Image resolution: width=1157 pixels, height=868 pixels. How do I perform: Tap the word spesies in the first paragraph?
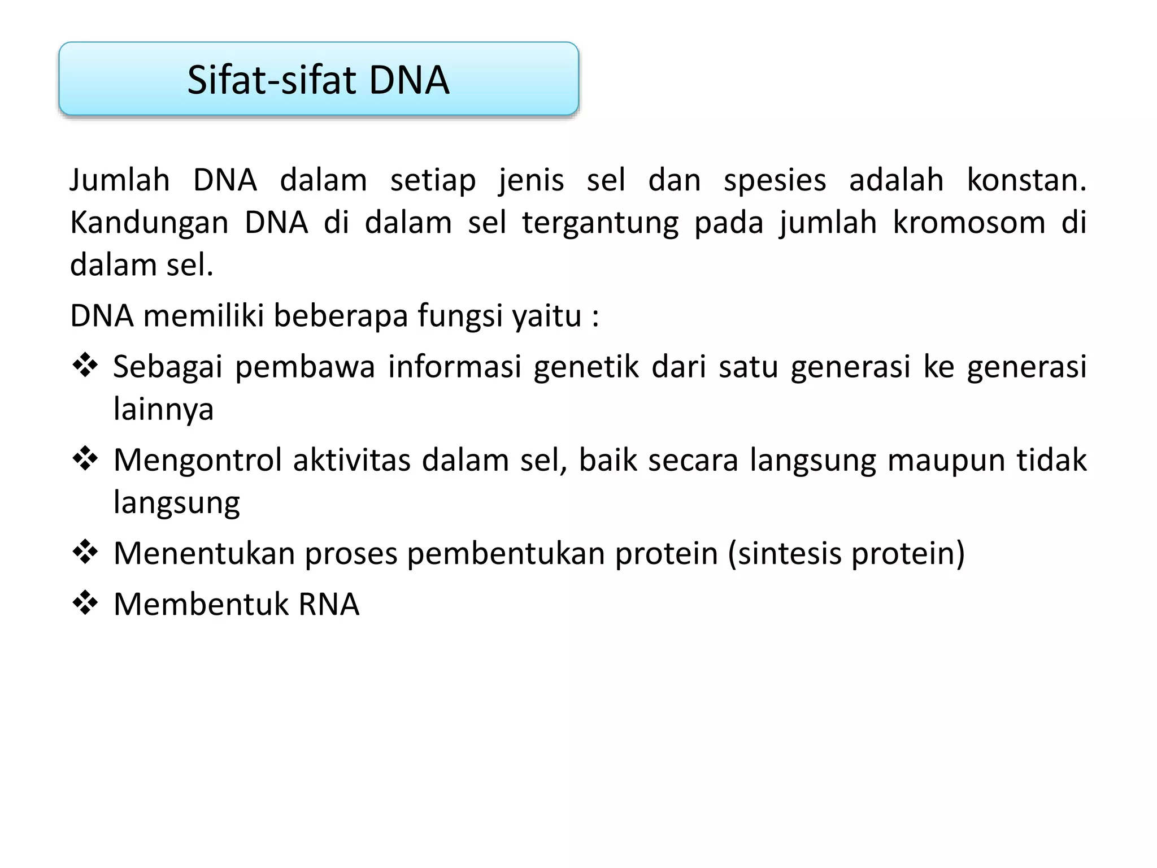click(775, 180)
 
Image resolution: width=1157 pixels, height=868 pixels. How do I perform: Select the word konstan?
click(1026, 180)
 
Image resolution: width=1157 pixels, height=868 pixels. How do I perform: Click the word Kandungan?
click(149, 223)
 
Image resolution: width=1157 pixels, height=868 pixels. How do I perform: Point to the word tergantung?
click(600, 224)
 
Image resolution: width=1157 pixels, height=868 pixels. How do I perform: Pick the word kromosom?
click(969, 223)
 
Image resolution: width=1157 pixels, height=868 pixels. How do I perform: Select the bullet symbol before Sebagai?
click(85, 365)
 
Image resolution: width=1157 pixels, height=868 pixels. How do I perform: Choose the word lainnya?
click(163, 410)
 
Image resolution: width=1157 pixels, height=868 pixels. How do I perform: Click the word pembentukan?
click(506, 553)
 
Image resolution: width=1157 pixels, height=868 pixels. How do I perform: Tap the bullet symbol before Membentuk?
click(85, 602)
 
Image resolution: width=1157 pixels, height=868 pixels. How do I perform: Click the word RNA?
click(328, 604)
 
